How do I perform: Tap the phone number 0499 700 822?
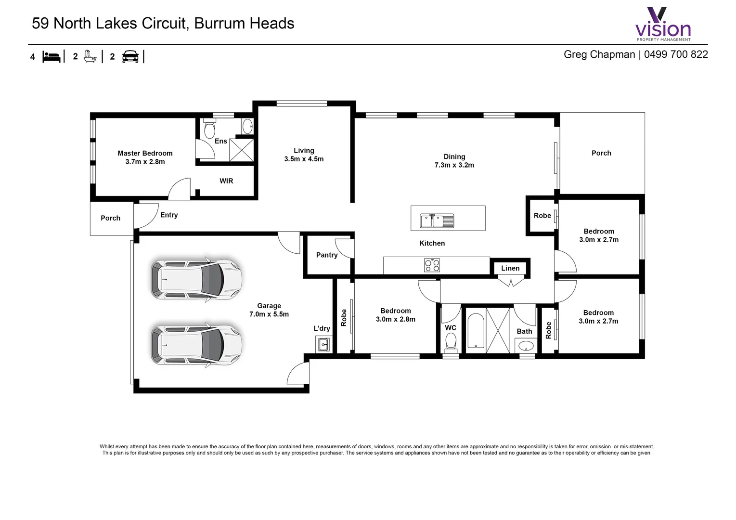pyautogui.click(x=676, y=54)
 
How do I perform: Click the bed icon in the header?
pyautogui.click(x=52, y=57)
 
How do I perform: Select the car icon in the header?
pyautogui.click(x=130, y=57)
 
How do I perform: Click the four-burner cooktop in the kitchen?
pyautogui.click(x=432, y=265)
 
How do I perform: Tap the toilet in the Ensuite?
pyautogui.click(x=209, y=130)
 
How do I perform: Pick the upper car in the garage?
pyautogui.click(x=196, y=279)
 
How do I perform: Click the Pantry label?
pyautogui.click(x=326, y=255)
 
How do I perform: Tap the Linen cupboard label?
pyautogui.click(x=510, y=268)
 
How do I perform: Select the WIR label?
pyautogui.click(x=226, y=181)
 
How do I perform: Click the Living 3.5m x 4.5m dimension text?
pyautogui.click(x=304, y=159)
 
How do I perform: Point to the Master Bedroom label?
pyautogui.click(x=145, y=153)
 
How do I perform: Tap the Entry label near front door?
pyautogui.click(x=169, y=215)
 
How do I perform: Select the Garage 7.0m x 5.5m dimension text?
pyautogui.click(x=269, y=314)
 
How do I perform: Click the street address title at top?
pyautogui.click(x=163, y=24)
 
